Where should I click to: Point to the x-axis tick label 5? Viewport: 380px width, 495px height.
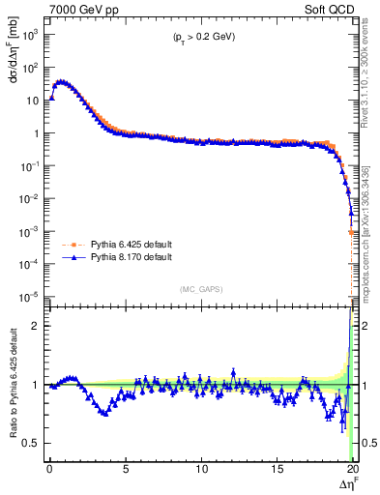[x=126, y=468]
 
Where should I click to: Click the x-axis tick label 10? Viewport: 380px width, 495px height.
[x=201, y=468]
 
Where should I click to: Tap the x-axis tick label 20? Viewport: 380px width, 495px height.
[x=352, y=468]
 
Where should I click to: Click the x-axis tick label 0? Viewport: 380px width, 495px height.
[x=49, y=468]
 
